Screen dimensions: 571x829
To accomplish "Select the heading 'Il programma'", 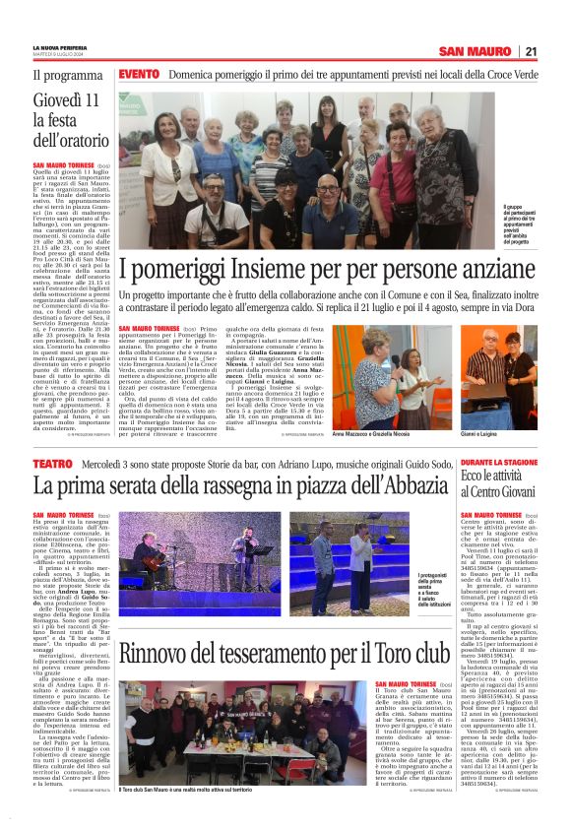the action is (67, 75).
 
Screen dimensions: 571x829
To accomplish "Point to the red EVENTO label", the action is (139, 74).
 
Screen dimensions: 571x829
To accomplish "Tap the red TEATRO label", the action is (53, 462).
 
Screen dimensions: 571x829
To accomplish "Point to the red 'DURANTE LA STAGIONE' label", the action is (500, 461).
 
